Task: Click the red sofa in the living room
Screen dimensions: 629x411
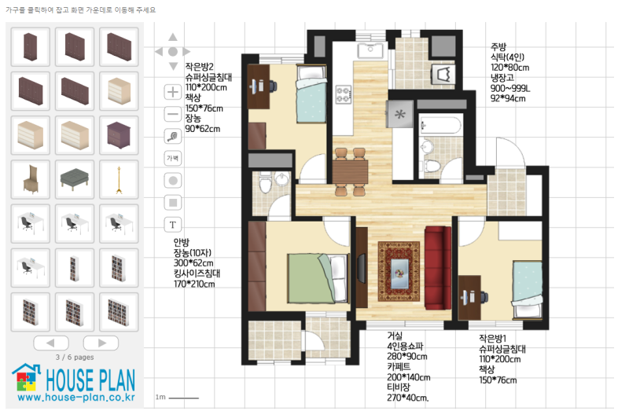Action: (438, 268)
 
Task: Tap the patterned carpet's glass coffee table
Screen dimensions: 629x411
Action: (399, 273)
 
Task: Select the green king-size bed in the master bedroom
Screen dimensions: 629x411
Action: (318, 278)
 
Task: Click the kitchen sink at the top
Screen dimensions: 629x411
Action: (370, 50)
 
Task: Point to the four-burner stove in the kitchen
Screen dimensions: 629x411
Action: (344, 94)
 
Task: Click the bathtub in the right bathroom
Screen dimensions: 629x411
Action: (440, 126)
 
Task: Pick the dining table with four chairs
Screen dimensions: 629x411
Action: (350, 171)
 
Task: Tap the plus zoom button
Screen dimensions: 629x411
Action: (173, 92)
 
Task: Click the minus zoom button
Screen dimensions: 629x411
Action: (173, 114)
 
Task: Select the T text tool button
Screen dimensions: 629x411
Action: (173, 225)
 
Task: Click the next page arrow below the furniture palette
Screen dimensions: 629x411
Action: (101, 343)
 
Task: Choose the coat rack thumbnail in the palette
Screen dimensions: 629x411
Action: (119, 180)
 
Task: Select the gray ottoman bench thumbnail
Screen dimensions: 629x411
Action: (74, 179)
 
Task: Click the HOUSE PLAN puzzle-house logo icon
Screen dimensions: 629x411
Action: (27, 377)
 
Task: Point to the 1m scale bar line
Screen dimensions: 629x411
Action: (184, 398)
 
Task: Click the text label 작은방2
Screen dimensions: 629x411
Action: (200, 67)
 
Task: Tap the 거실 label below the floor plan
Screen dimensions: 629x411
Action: (395, 336)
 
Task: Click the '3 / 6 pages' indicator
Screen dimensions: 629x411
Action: (75, 357)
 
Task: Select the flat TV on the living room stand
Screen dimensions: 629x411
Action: (362, 267)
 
